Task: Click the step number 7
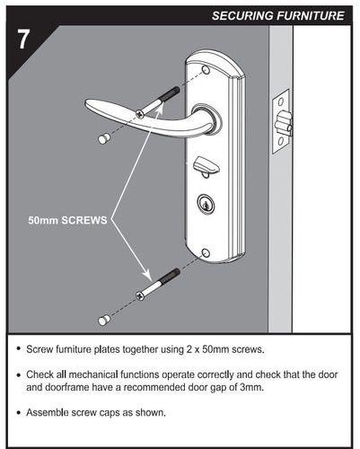click(23, 40)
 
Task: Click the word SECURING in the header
click(242, 15)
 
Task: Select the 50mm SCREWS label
click(67, 220)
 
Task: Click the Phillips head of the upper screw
click(139, 113)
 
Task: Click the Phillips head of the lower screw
click(140, 295)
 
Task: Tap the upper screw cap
click(104, 138)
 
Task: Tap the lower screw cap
click(104, 321)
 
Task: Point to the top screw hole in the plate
click(206, 70)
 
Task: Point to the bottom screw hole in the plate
click(206, 252)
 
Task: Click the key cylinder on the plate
click(206, 203)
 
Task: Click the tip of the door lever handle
click(87, 103)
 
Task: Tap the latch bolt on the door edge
click(285, 123)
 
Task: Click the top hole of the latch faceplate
click(281, 101)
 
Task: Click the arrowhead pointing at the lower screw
click(146, 274)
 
